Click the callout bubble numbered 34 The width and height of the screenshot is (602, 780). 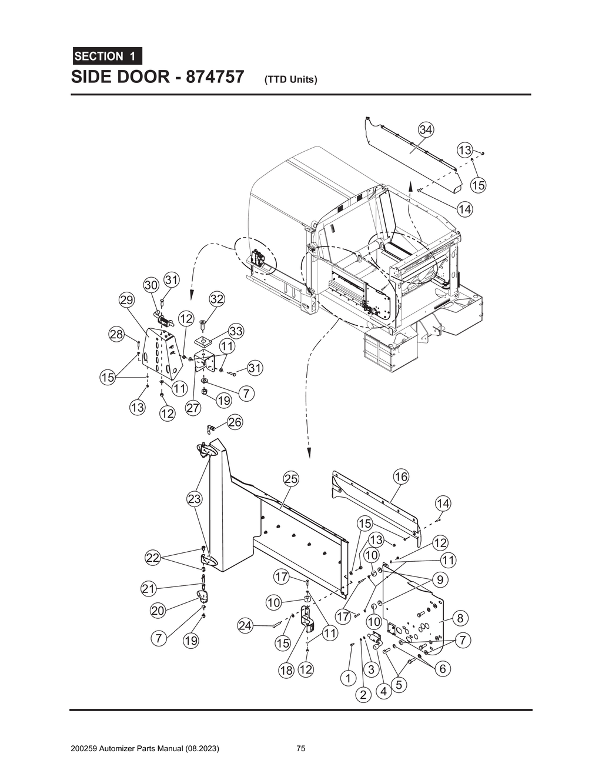click(x=426, y=129)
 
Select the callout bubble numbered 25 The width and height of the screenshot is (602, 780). click(x=291, y=479)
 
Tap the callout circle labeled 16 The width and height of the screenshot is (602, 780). click(x=401, y=476)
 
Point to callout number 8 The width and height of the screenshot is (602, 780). click(x=460, y=618)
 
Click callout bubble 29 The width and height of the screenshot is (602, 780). click(x=126, y=300)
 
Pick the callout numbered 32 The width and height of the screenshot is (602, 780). click(x=216, y=299)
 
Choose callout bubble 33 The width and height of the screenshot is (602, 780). click(x=236, y=331)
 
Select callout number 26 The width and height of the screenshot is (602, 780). click(x=235, y=422)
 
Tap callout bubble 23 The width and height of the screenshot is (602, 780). click(x=194, y=499)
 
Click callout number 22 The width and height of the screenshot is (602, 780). click(x=153, y=558)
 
